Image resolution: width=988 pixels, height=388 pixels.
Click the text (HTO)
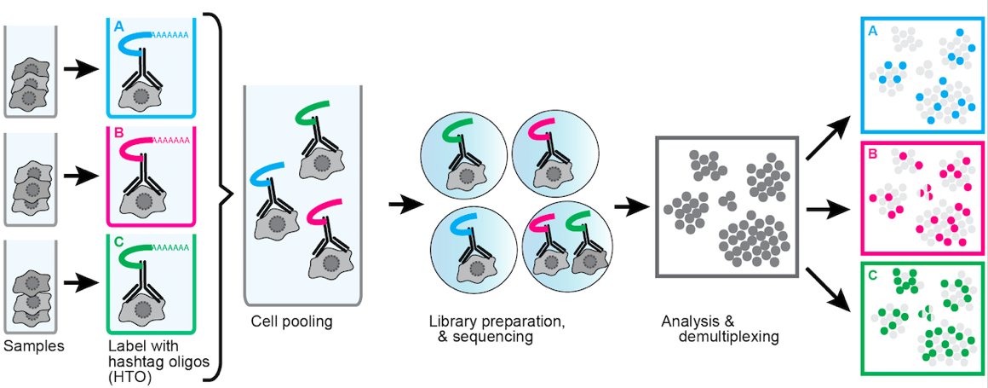coord(128,372)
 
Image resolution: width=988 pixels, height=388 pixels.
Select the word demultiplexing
coord(729,337)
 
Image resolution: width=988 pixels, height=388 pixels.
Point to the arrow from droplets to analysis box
coord(631,205)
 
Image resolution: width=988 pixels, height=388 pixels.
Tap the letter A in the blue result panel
coord(871,31)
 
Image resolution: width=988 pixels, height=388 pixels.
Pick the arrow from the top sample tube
coord(81,70)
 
